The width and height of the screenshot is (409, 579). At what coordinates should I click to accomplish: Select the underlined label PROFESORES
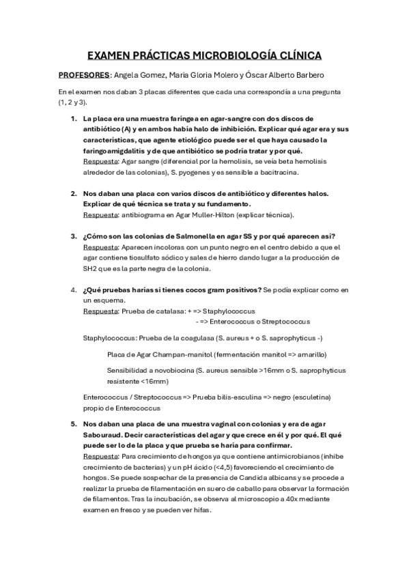pos(84,74)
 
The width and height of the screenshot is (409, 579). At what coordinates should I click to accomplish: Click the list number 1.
pos(74,118)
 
